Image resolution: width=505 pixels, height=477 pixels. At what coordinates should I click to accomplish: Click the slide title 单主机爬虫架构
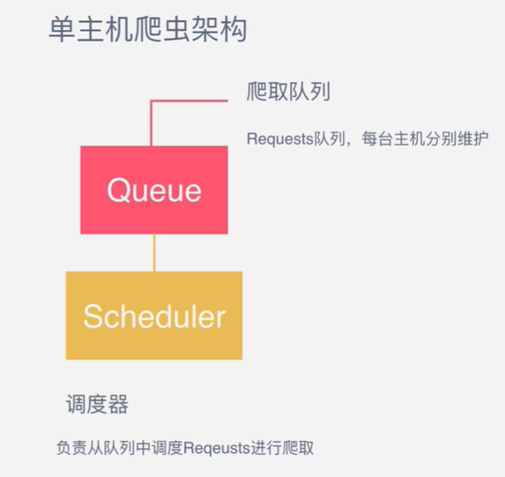[148, 30]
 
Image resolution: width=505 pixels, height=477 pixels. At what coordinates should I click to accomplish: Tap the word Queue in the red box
[154, 190]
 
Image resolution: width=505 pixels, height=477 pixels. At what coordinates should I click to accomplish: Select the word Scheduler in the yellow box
[154, 317]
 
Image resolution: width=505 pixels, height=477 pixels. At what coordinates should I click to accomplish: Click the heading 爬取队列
[288, 92]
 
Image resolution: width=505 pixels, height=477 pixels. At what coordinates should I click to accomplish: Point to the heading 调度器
[97, 404]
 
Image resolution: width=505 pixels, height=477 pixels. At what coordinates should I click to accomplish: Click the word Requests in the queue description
[280, 139]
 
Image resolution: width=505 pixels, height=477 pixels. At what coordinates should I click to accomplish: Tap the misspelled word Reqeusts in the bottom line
[217, 448]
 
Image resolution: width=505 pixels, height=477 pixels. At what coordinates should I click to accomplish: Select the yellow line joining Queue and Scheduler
[154, 253]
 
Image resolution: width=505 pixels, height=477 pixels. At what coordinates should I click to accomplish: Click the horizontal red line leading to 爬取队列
[189, 101]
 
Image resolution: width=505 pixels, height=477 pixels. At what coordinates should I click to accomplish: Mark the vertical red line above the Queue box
[151, 123]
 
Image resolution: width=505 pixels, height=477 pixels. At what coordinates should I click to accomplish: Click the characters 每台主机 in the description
[393, 139]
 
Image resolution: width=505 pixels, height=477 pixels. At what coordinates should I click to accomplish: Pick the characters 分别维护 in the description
[457, 139]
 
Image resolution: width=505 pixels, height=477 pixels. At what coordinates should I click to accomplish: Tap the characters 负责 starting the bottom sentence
[72, 448]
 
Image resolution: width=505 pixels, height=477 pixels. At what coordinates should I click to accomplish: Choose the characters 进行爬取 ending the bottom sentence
[282, 448]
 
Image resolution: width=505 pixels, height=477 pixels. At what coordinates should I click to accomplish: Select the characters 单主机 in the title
[91, 30]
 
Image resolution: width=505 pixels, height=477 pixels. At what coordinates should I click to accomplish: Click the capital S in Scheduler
[93, 317]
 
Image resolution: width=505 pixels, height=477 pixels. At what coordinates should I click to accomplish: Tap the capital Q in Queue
[118, 190]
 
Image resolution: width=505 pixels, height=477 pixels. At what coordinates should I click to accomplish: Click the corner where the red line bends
[151, 101]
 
